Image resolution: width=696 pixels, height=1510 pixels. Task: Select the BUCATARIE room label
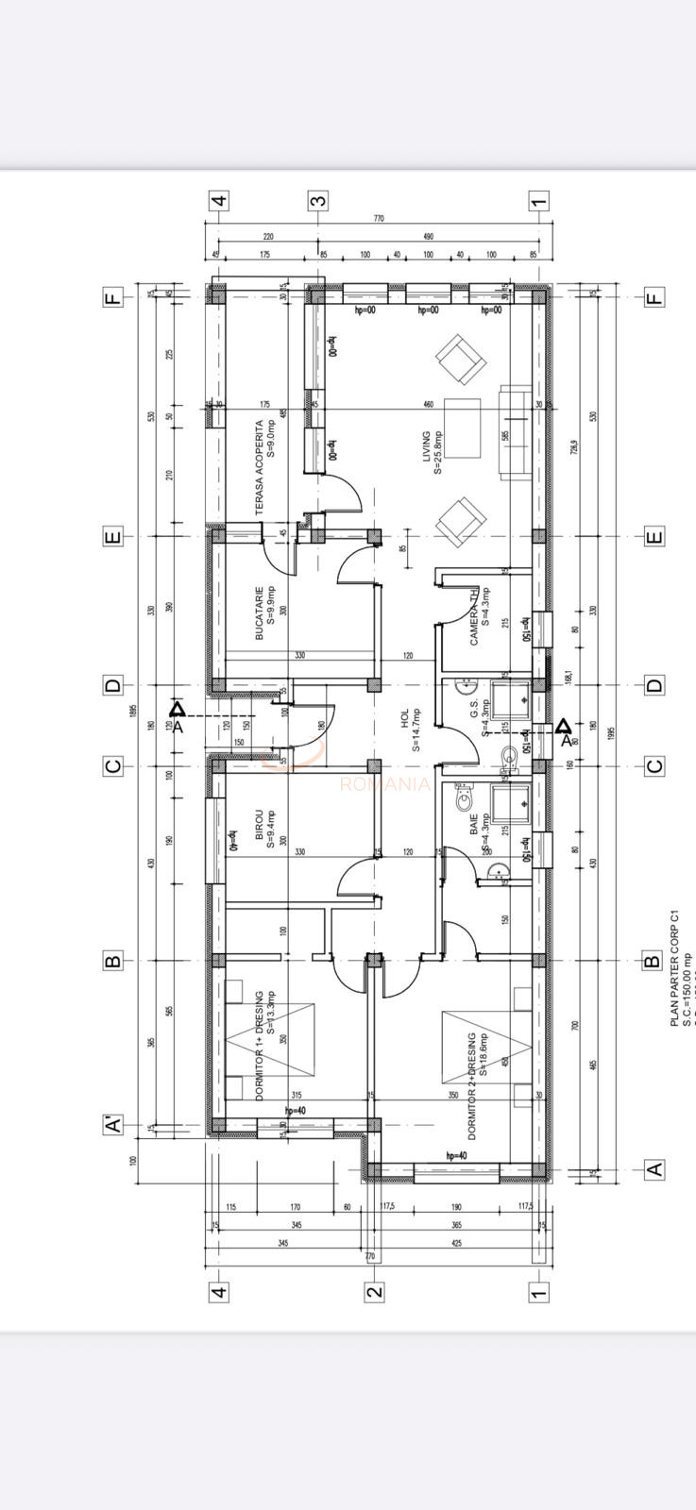click(x=264, y=612)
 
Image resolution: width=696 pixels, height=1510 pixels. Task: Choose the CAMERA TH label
click(x=481, y=614)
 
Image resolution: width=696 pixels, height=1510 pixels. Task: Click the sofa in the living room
click(x=517, y=433)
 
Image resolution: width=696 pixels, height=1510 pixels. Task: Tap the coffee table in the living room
click(x=462, y=428)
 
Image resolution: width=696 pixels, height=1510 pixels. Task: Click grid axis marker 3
click(x=318, y=201)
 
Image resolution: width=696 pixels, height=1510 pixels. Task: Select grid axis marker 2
click(x=375, y=1292)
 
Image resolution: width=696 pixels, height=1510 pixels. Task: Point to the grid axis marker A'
click(x=112, y=1125)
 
